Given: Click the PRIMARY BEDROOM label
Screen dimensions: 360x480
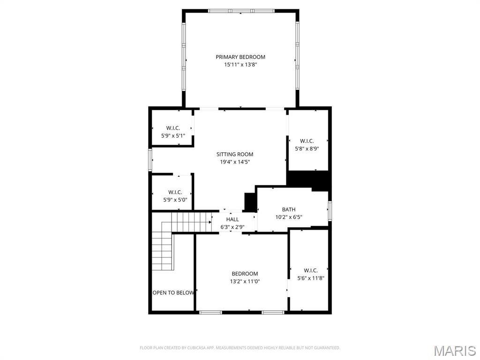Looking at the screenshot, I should [240, 57].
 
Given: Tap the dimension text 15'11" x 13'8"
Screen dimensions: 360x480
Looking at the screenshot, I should [240, 65].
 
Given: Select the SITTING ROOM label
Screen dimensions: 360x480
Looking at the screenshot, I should [234, 154].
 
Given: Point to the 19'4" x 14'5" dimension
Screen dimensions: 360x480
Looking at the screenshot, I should [234, 162].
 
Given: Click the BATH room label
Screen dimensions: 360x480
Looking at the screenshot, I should [288, 210].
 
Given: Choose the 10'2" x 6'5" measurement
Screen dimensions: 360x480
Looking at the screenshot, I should [288, 217].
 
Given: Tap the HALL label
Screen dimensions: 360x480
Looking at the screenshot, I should [232, 219].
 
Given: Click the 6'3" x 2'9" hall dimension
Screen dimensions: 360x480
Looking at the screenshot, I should [232, 227].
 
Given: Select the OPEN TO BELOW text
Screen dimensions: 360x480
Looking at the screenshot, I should [173, 292].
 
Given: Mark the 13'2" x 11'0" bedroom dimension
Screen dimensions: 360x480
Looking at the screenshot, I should [245, 282].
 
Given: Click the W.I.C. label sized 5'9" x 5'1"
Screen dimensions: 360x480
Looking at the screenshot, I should [173, 128].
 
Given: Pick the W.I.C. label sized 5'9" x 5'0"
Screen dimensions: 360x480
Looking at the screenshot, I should [175, 192].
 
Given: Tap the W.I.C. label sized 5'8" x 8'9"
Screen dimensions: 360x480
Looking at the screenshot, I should [307, 141].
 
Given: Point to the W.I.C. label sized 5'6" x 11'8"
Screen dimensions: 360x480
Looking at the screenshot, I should [310, 270].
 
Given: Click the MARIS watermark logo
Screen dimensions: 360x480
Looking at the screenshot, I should [454, 351].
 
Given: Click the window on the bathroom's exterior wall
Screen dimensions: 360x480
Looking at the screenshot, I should [330, 210].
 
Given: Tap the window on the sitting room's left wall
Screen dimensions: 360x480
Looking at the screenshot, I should [150, 159].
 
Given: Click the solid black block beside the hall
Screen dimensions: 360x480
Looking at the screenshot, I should [250, 202].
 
